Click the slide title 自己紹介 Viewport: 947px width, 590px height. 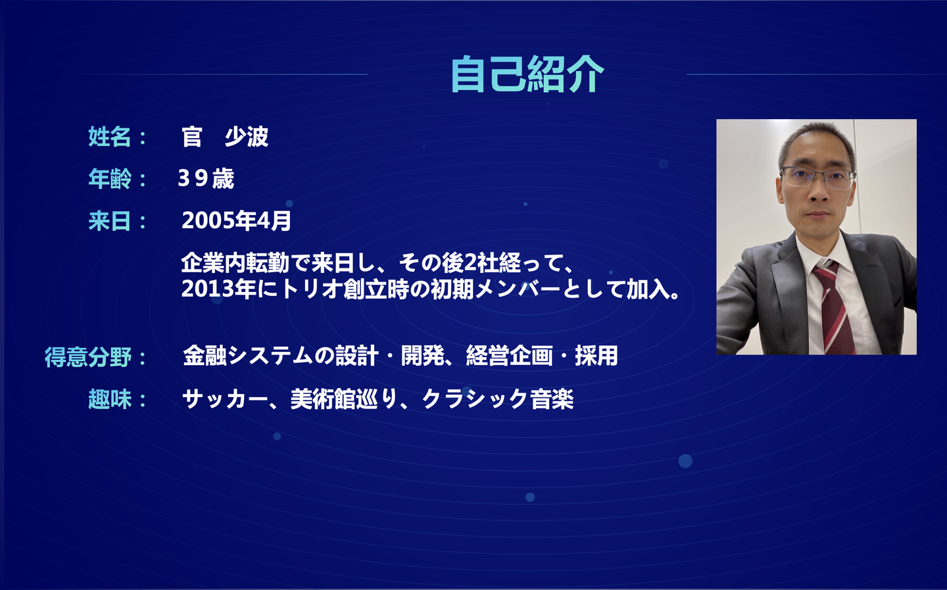coord(527,74)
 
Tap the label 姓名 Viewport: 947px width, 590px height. coord(109,137)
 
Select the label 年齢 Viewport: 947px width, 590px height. coord(109,178)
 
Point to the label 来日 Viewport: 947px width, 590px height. coord(109,221)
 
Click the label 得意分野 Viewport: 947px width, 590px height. coord(88,357)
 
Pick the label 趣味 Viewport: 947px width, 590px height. coord(109,399)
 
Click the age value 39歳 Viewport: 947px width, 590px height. coord(206,178)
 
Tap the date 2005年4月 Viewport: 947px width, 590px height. coord(236,221)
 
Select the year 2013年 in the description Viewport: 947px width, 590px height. coord(218,289)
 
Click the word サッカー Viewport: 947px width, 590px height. coord(225,399)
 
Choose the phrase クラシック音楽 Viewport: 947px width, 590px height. coord(498,399)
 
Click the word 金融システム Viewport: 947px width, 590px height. coord(248,356)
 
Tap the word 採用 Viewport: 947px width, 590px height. coord(596,356)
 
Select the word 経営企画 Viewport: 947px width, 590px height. coord(509,356)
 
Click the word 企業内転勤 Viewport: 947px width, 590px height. coord(235,263)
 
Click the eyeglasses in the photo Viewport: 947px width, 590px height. coord(817,177)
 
